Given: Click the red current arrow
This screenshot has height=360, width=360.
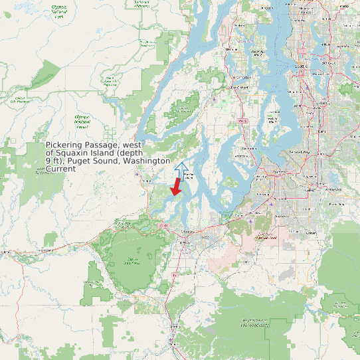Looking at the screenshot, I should point(176,187).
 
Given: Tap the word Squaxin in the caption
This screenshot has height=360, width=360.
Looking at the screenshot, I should point(78,153).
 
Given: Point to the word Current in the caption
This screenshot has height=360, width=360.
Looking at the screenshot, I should point(60,169).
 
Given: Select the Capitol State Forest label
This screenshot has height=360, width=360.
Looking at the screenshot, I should point(133,261).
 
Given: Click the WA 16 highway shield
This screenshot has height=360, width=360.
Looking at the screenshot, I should point(243,120).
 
